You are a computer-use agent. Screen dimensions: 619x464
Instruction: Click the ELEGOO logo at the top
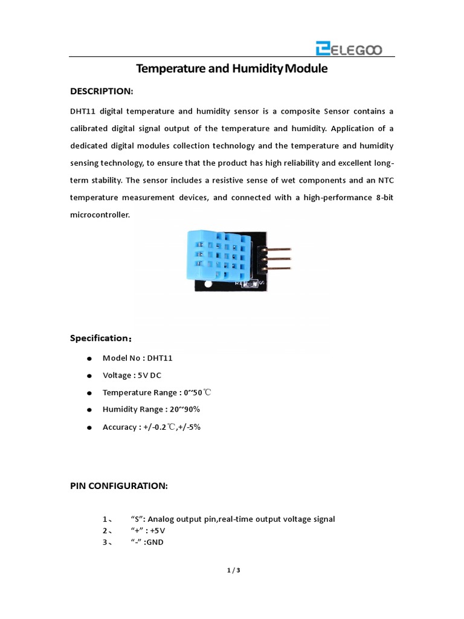pos(348,48)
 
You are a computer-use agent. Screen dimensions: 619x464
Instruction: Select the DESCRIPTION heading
pos(101,91)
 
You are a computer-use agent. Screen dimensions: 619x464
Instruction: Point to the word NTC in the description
pos(385,180)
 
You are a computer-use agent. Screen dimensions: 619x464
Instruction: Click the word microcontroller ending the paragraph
pos(100,215)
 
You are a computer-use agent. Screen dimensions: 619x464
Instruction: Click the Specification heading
pos(101,339)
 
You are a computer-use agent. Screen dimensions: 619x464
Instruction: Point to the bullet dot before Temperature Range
pos(89,394)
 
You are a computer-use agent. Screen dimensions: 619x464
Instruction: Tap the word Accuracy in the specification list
pos(120,427)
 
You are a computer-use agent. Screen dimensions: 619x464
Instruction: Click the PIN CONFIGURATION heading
pos(119,486)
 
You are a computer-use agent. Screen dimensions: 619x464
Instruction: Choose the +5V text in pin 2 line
pos(158,531)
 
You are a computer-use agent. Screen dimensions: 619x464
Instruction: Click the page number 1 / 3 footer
pos(232,570)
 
